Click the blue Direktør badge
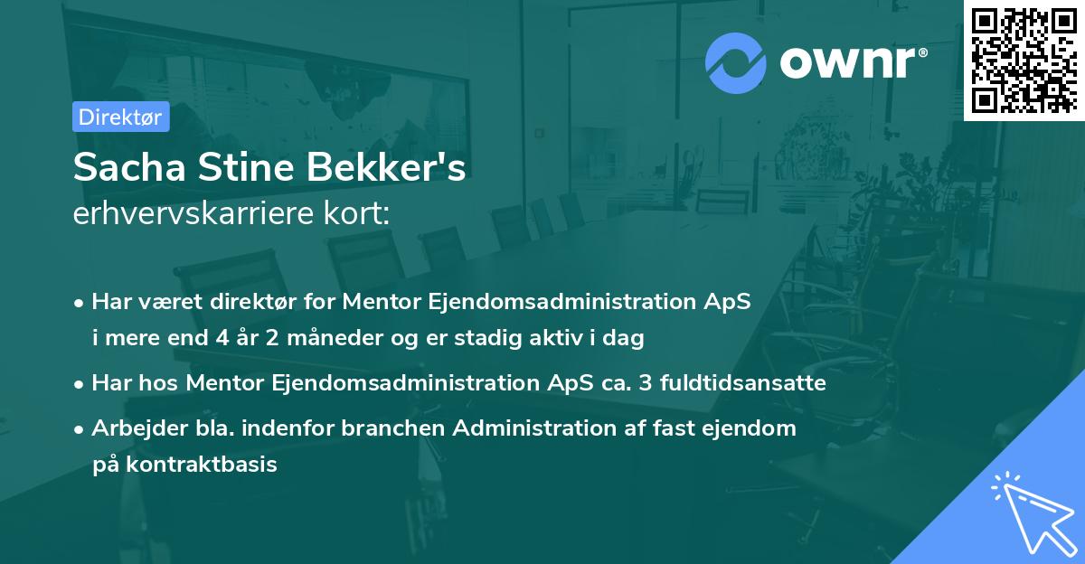tap(120, 117)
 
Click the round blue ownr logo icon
tap(735, 62)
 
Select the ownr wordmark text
tap(852, 62)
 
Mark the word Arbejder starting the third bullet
tap(132, 428)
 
